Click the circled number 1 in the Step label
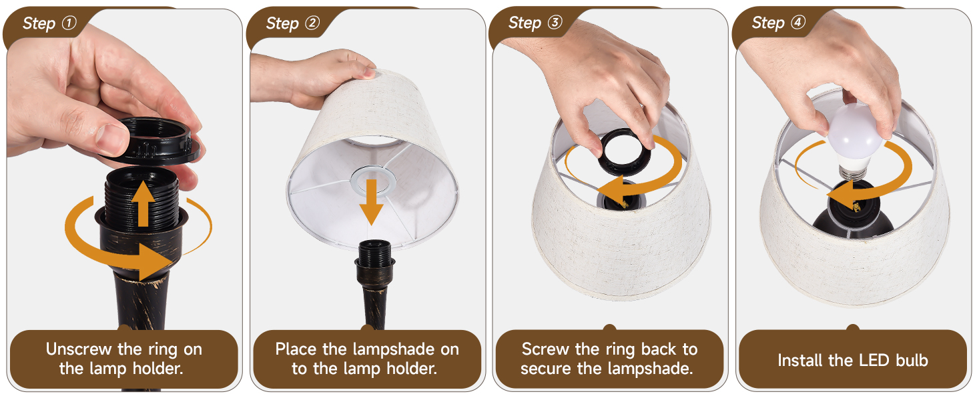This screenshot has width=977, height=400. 69,22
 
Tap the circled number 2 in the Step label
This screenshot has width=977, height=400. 312,22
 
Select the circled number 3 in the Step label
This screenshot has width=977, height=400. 555,22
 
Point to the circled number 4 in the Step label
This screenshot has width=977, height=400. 798,22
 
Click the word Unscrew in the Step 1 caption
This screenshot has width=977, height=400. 79,349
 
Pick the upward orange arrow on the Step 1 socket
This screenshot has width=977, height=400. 143,204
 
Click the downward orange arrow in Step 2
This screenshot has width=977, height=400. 371,202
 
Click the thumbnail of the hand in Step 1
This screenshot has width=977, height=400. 112,139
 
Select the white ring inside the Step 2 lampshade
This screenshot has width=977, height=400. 373,181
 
